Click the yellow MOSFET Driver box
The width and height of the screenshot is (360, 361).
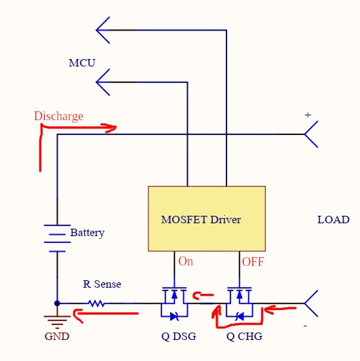[207, 218]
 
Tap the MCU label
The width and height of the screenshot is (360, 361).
[82, 63]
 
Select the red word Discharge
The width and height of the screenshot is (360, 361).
[59, 116]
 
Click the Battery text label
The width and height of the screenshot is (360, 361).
[87, 233]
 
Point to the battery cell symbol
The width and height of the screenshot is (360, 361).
[57, 238]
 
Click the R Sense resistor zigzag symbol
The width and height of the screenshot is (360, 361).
[97, 303]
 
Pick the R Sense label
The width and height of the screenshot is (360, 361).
[102, 284]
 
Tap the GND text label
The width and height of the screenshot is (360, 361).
[57, 337]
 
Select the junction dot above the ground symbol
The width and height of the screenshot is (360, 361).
[57, 303]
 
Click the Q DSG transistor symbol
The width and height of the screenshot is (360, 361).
[174, 303]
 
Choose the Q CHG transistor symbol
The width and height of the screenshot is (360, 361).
[239, 303]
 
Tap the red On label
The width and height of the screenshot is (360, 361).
[186, 261]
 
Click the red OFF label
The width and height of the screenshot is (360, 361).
[253, 262]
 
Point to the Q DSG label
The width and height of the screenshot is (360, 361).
[178, 337]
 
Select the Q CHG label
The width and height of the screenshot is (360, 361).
[244, 337]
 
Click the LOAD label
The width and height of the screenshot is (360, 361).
[334, 220]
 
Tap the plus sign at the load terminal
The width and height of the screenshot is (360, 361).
[308, 115]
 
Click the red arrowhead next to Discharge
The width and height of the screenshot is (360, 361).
[109, 128]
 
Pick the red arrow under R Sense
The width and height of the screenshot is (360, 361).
[106, 314]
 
